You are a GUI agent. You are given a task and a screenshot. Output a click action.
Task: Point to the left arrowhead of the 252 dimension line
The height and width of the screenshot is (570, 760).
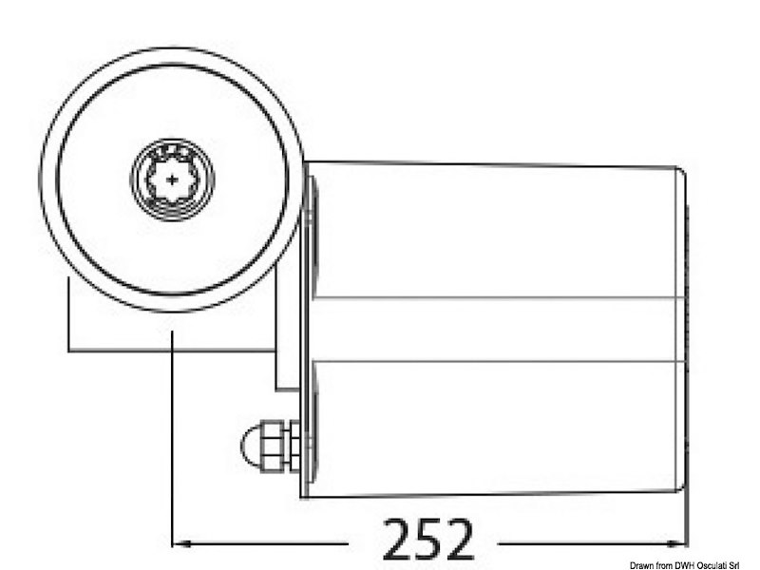pyautogui.click(x=180, y=543)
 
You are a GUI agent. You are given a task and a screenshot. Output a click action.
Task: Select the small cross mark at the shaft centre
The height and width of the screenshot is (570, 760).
pyautogui.click(x=172, y=177)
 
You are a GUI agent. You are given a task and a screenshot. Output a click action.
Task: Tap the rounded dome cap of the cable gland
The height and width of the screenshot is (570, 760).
pyautogui.click(x=251, y=444)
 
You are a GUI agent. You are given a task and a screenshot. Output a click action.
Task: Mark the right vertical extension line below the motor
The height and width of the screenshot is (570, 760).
pyautogui.click(x=687, y=518)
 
